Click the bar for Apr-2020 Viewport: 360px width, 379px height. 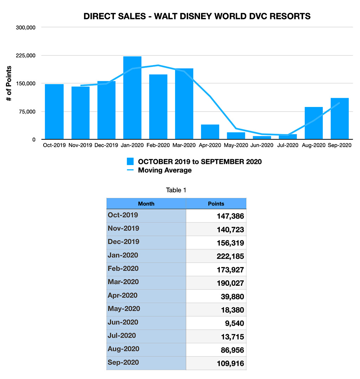point(210,132)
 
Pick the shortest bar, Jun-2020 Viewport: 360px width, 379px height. point(262,138)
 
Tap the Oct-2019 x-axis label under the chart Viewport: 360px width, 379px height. point(54,145)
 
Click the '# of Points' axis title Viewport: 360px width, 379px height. point(9,84)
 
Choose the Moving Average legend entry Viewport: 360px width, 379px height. point(165,170)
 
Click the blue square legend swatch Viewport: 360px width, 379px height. point(130,162)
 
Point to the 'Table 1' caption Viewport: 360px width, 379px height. point(176,190)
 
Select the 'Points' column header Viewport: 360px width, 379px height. point(216,204)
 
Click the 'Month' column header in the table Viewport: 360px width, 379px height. point(146,204)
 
